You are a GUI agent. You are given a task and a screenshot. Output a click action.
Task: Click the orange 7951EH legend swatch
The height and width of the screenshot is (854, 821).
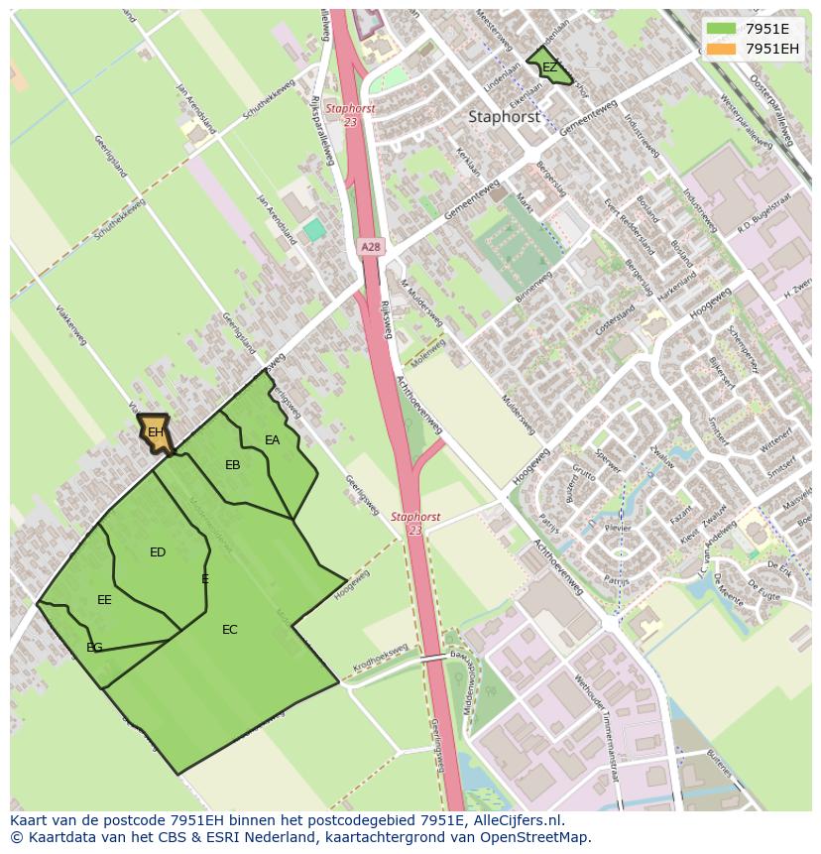pos(722,49)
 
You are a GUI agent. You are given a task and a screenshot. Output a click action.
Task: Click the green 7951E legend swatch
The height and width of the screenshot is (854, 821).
pos(722,29)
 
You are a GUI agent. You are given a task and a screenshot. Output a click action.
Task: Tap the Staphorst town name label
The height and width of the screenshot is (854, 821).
pos(504,116)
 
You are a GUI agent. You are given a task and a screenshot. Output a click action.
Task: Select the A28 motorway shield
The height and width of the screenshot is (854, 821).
pos(370,247)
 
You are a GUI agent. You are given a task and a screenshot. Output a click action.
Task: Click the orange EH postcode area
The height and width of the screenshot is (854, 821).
pos(155,432)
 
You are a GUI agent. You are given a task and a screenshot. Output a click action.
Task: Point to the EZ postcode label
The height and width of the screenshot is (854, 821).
pos(548,67)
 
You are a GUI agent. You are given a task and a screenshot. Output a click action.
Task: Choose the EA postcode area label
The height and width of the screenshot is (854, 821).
pos(272,440)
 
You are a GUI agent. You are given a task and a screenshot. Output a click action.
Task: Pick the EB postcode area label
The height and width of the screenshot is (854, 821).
pos(233,465)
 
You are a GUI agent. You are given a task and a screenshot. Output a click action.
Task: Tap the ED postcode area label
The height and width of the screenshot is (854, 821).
pos(158,552)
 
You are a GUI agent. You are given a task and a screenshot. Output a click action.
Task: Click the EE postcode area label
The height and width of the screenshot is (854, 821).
pos(104,600)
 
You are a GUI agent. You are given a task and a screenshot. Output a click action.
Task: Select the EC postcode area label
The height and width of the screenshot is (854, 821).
pos(230,630)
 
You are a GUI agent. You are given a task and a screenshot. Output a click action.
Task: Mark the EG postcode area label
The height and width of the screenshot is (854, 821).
pos(94,648)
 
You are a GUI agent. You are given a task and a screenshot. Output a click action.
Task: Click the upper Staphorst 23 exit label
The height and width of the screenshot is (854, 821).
pos(350,115)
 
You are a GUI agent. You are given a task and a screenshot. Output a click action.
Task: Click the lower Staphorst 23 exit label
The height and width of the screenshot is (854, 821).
pos(414,524)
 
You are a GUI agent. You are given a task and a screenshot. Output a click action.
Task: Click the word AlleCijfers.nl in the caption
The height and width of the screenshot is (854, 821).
pos(516,820)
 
